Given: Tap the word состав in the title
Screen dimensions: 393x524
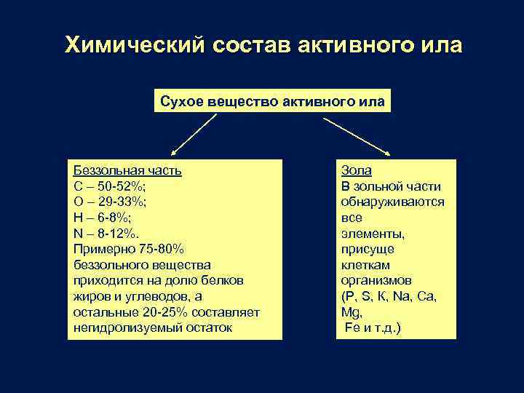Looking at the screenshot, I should (x=251, y=45).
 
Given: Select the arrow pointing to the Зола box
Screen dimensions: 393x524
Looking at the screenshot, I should (x=357, y=135).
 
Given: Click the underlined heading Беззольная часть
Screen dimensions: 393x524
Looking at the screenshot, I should (x=127, y=170).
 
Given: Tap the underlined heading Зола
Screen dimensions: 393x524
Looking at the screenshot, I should (x=356, y=170).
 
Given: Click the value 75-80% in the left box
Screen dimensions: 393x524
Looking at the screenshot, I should (x=170, y=249).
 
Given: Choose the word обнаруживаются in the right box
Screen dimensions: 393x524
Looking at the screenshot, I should (x=392, y=202).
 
